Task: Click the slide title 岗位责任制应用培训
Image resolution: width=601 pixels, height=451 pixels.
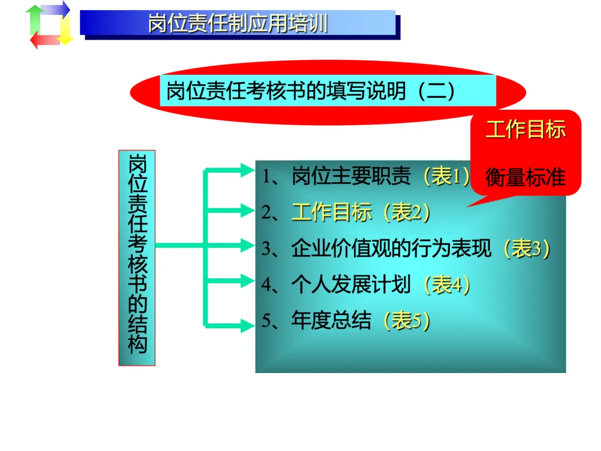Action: (238, 24)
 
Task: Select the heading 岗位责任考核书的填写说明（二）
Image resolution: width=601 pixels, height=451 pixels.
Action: (311, 91)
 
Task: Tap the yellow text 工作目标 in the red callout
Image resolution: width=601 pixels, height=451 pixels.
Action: (525, 130)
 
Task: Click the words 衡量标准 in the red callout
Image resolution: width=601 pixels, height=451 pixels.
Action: (525, 178)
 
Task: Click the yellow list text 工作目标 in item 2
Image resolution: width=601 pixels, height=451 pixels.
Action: (332, 213)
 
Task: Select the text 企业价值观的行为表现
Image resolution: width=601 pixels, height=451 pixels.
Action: (391, 248)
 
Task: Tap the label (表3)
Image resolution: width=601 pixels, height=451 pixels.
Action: (526, 248)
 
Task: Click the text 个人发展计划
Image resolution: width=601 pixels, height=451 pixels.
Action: (351, 285)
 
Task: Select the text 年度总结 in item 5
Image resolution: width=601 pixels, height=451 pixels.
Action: (331, 321)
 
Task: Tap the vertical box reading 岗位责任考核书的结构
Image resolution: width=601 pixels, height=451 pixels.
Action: (137, 257)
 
